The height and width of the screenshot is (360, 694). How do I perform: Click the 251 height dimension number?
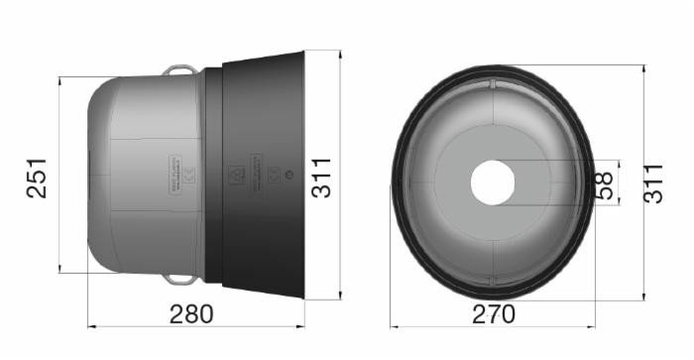point(37,177)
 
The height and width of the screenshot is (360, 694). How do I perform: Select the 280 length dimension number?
point(191,314)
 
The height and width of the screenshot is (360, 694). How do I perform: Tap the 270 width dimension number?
point(493,314)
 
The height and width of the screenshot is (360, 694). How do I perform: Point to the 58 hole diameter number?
point(604,183)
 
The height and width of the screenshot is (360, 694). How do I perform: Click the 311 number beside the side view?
point(322,177)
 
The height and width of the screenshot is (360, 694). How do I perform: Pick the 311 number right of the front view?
point(653,183)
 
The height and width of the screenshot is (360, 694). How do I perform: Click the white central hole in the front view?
point(493,182)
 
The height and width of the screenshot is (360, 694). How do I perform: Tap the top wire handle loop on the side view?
point(180,69)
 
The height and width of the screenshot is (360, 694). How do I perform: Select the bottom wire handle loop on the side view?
point(180,278)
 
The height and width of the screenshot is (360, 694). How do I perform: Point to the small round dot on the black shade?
point(288,175)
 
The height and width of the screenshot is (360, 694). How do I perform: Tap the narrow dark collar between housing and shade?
point(212,174)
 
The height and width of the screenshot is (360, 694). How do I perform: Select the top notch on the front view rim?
point(493,82)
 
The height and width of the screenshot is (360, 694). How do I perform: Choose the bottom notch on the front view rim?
point(493,283)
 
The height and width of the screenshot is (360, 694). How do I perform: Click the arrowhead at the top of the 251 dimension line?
point(59,80)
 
